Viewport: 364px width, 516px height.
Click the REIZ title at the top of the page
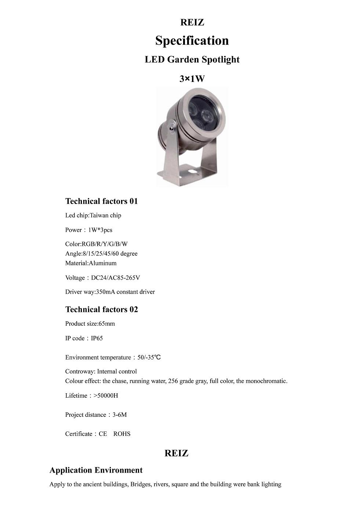(x=192, y=22)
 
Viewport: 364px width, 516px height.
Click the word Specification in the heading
(x=192, y=40)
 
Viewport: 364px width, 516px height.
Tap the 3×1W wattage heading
(x=192, y=79)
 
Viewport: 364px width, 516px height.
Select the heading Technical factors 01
(x=102, y=201)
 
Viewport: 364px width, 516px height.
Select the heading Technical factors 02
(x=102, y=309)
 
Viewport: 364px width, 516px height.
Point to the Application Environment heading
(x=96, y=470)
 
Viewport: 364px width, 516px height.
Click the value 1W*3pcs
(x=100, y=230)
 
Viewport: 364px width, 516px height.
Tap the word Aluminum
(x=103, y=263)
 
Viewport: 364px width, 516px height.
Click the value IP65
(x=97, y=338)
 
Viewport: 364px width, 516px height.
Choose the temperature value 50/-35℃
(x=149, y=357)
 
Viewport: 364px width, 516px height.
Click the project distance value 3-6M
(x=120, y=415)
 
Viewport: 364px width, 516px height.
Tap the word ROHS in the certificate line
(x=122, y=434)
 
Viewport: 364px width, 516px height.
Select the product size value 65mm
(x=107, y=324)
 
